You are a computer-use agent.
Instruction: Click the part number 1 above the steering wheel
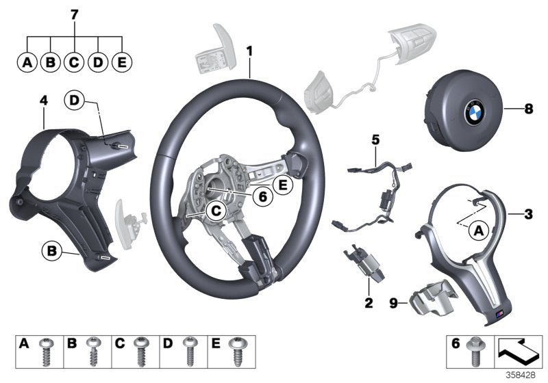(x=250, y=51)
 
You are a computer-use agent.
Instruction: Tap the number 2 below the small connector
(x=368, y=302)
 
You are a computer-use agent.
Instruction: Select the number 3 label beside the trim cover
(x=527, y=215)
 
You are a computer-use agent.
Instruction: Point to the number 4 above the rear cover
(x=43, y=101)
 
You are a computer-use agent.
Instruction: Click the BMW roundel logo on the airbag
(x=475, y=114)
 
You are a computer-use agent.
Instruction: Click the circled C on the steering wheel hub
(x=215, y=212)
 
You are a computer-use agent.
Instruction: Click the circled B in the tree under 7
(x=50, y=63)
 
